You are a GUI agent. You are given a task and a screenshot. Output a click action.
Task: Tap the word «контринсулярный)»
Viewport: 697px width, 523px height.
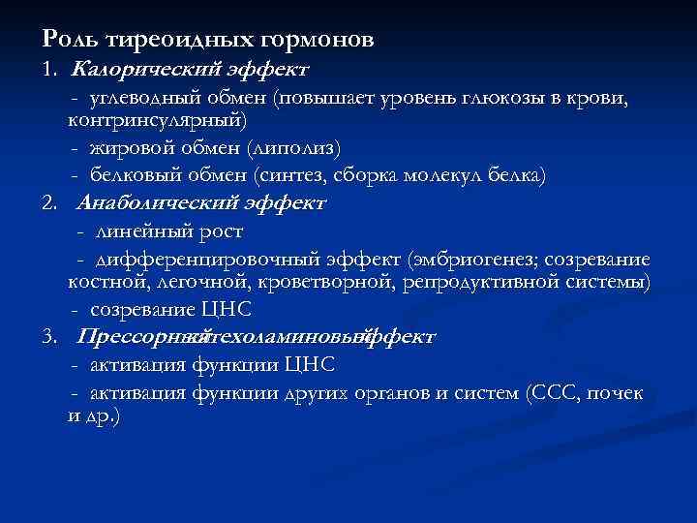[x=157, y=120]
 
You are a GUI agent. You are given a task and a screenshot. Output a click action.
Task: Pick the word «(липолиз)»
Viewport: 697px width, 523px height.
[x=294, y=148]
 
